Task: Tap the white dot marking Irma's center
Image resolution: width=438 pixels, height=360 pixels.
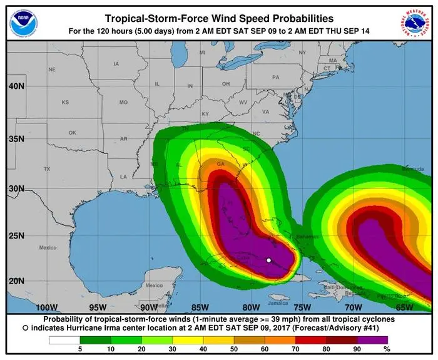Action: (x=268, y=260)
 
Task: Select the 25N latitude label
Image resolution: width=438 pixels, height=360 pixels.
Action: (x=17, y=236)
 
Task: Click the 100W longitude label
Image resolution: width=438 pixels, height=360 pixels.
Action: (x=48, y=307)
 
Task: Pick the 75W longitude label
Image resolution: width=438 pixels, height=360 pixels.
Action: (x=302, y=307)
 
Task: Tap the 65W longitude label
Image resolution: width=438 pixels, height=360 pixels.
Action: (x=404, y=307)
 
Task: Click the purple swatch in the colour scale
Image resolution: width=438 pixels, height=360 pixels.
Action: (x=374, y=340)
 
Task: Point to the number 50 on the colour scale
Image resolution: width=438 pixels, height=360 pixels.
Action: (x=234, y=349)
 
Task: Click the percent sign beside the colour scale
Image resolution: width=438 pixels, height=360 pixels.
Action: (x=386, y=349)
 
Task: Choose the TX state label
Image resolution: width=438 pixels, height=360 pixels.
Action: (x=47, y=169)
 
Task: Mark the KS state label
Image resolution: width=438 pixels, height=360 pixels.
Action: (x=65, y=101)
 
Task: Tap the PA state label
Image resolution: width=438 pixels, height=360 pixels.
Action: (x=275, y=77)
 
